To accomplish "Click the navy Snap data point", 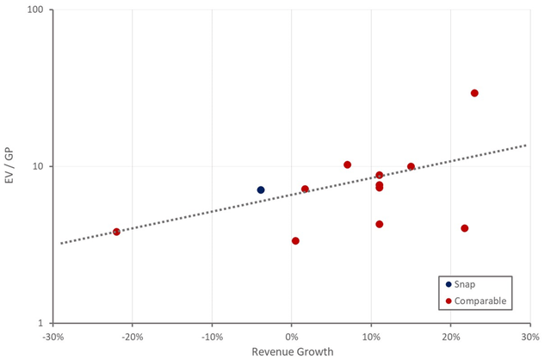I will tap(261, 189).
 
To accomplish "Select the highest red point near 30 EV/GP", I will tap(474, 93).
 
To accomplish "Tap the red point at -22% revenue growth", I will tap(116, 232).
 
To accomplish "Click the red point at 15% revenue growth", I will tap(411, 166).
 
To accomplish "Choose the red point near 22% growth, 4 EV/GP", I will tap(465, 228).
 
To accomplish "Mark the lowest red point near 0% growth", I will tap(295, 241).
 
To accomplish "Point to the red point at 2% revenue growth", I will tap(305, 189).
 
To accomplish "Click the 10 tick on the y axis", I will tap(40, 166).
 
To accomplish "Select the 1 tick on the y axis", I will tap(43, 323).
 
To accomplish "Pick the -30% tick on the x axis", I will tap(53, 335).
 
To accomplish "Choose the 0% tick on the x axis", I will tap(291, 335).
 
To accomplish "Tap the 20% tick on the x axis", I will tap(450, 335).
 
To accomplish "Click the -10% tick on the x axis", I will tap(212, 335).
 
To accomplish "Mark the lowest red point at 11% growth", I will tap(379, 224).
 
